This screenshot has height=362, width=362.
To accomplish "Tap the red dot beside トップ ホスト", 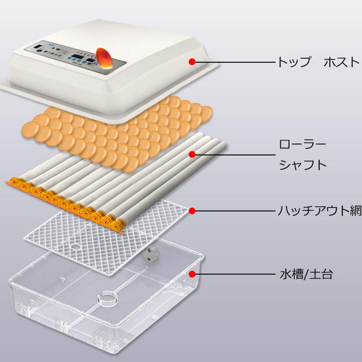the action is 192,62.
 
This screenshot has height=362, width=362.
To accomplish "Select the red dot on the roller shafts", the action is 192,155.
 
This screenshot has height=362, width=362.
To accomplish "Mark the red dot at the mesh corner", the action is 192,211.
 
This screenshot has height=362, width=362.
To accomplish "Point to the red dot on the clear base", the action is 192,274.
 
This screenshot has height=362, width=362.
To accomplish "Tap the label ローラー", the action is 302,146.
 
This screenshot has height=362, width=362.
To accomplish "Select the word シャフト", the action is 302,165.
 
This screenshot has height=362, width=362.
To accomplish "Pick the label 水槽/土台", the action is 306,274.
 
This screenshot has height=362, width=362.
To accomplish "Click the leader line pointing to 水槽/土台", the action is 235,274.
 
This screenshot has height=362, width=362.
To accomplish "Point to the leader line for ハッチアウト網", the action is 235,211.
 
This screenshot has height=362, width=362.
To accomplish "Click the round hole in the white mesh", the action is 76,247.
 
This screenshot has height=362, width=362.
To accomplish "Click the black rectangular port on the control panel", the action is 37,47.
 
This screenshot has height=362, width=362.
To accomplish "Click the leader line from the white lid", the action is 235,62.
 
